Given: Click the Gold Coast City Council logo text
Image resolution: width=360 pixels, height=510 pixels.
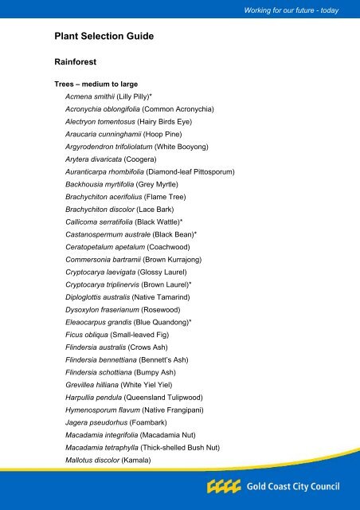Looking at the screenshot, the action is point(294,486).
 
